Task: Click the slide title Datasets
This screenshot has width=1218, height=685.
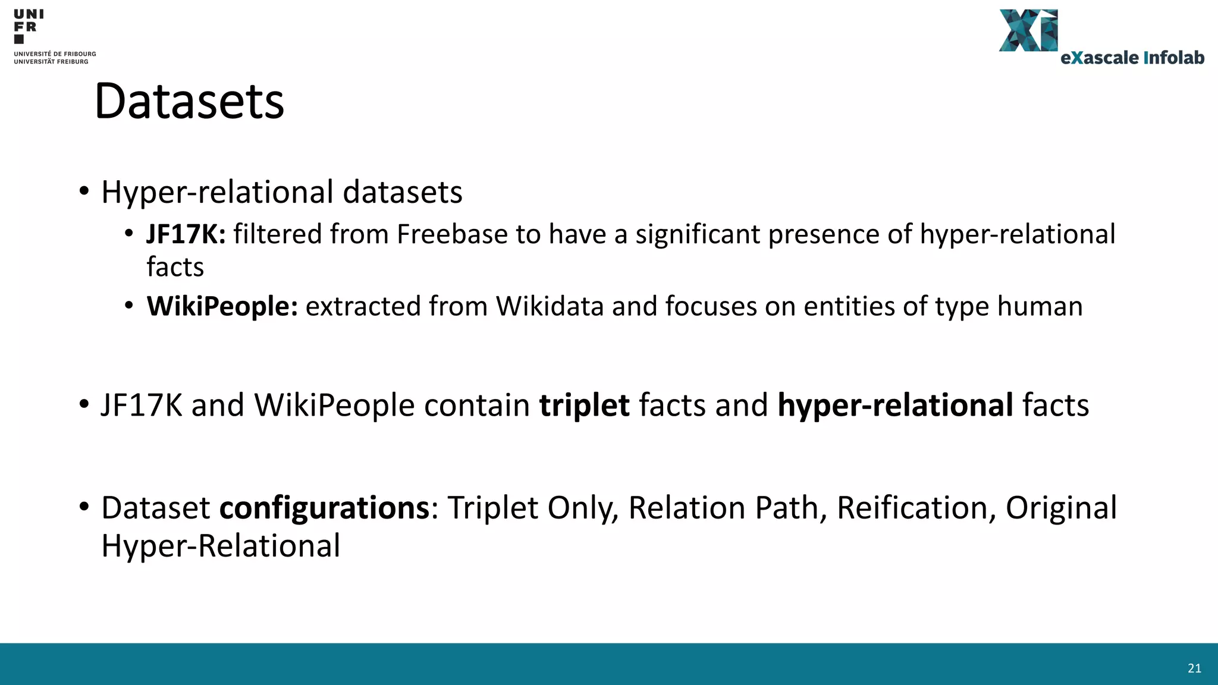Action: click(189, 101)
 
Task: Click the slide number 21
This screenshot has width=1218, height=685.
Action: click(1194, 668)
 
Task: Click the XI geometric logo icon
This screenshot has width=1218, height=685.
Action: click(1028, 30)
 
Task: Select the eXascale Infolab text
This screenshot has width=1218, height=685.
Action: click(1132, 58)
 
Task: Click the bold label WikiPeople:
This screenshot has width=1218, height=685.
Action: click(222, 306)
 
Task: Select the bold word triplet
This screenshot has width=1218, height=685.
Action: click(584, 406)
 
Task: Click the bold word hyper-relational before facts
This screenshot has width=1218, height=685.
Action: click(895, 406)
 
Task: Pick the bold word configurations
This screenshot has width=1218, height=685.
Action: click(324, 508)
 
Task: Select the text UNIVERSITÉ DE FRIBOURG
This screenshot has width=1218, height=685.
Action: click(55, 54)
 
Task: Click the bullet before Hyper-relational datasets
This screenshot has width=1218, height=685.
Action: click(84, 191)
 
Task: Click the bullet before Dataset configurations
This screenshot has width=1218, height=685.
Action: click(84, 507)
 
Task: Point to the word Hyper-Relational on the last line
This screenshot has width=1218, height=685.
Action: click(221, 546)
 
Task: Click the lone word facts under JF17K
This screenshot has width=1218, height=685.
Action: click(175, 267)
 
